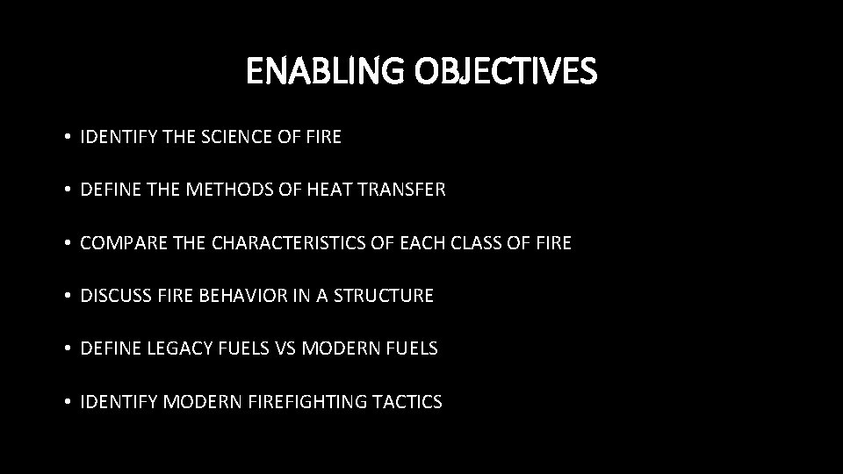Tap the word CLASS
[x=479, y=243]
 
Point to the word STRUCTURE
[x=384, y=296]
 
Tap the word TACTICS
[x=408, y=402]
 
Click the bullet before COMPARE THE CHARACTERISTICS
[x=67, y=243]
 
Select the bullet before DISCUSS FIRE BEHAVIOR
[x=67, y=297]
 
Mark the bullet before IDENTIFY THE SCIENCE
[x=67, y=138]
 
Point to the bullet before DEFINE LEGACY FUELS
[x=67, y=349]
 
